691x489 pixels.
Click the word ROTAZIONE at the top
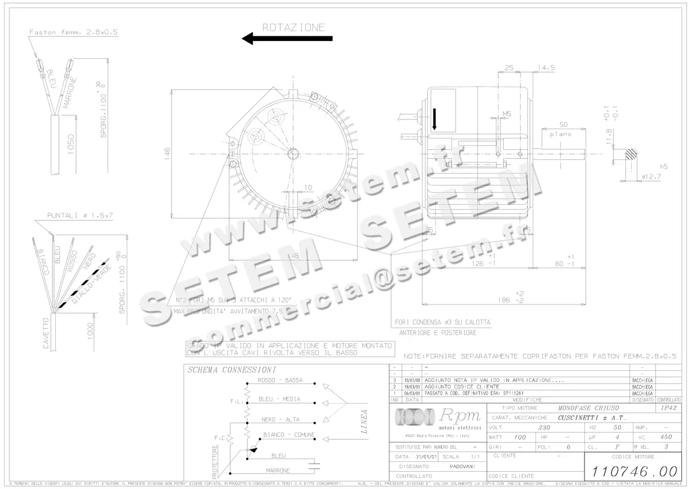[294, 27]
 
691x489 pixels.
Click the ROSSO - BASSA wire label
[280, 381]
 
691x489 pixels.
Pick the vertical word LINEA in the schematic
[363, 422]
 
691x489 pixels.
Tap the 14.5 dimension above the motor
[545, 67]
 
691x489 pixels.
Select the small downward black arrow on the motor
[435, 119]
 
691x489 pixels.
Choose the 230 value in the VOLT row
[544, 427]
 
